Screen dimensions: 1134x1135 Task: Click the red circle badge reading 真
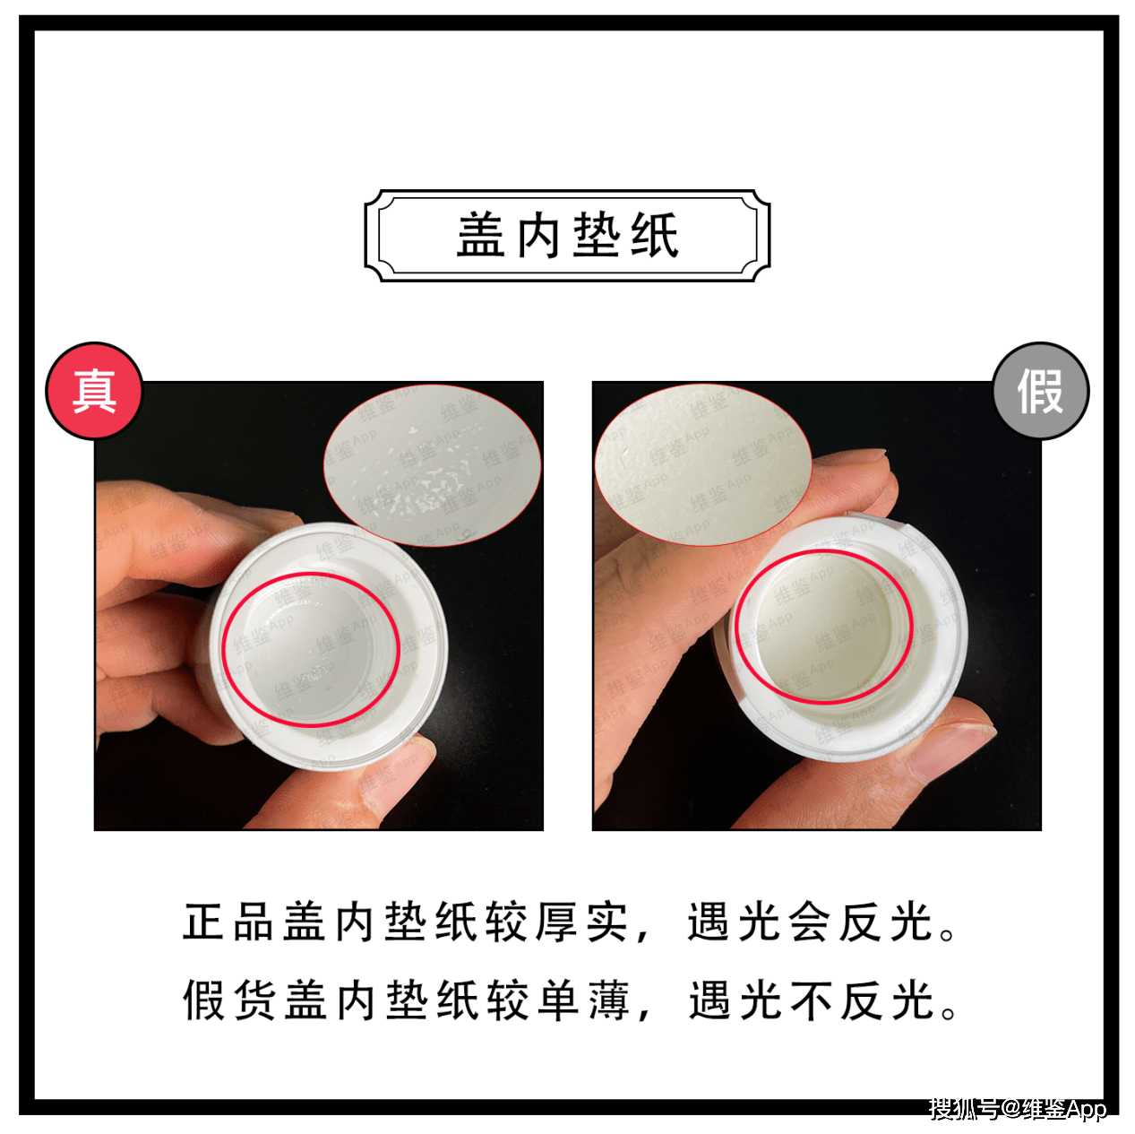click(x=95, y=391)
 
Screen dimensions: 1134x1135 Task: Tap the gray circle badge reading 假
click(x=1040, y=391)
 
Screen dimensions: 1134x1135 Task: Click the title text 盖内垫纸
click(x=568, y=237)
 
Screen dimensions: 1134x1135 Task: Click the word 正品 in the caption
click(x=233, y=922)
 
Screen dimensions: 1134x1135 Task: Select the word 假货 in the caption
click(x=233, y=1000)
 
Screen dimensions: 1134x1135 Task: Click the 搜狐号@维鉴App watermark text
click(x=1018, y=1109)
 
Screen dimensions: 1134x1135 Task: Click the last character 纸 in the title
click(x=654, y=237)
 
